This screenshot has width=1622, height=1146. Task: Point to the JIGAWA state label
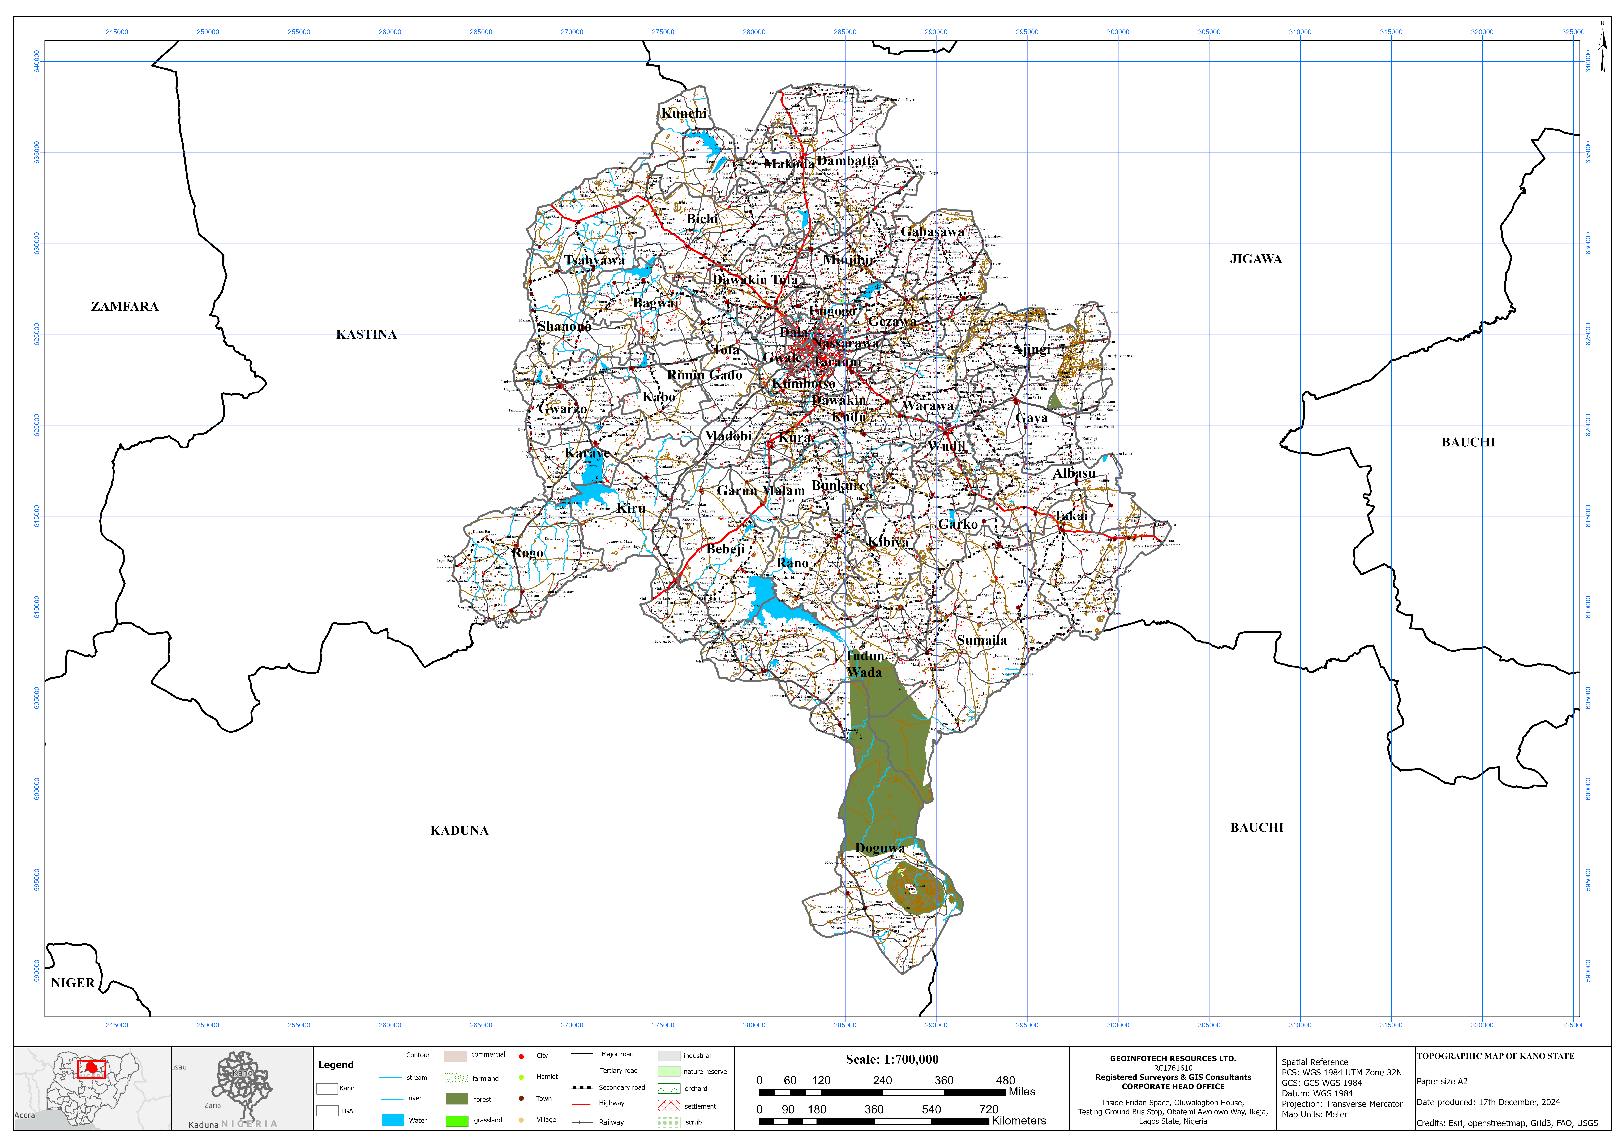[1255, 259]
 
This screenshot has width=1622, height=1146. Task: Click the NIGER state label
[73, 983]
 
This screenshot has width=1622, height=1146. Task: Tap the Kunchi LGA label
[684, 114]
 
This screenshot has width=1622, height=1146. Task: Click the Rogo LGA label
[527, 553]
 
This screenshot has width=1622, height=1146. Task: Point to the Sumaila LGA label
[981, 640]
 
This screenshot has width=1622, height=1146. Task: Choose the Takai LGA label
[1071, 516]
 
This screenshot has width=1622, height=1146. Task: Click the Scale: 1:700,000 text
[891, 1059]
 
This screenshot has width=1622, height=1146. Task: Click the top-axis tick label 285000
[845, 32]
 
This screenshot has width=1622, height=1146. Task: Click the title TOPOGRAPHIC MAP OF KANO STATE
[1495, 1056]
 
